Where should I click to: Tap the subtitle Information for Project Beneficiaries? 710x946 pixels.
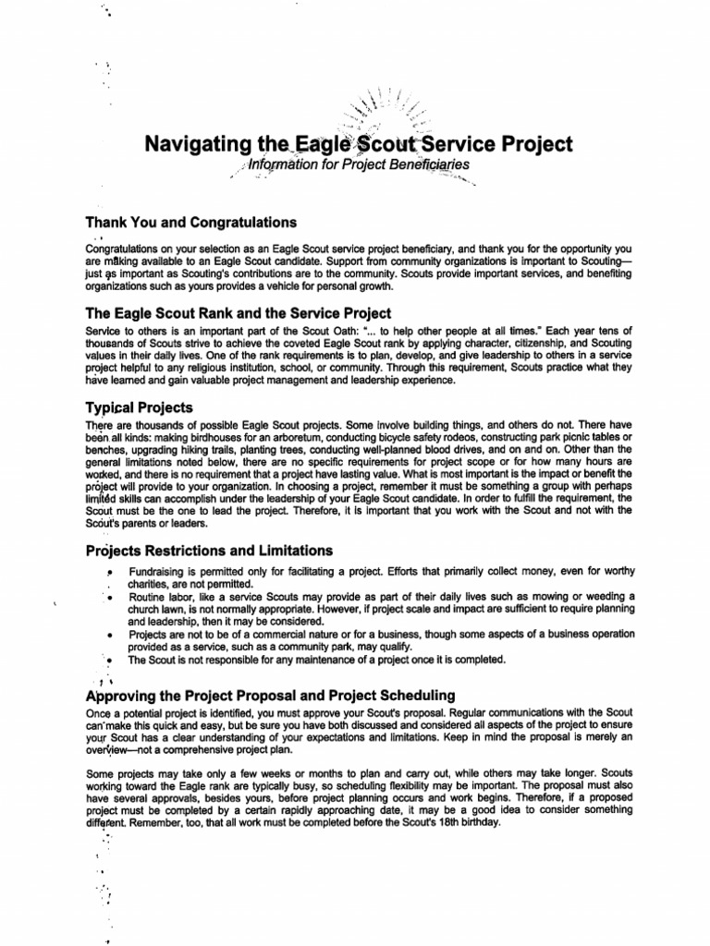(353, 165)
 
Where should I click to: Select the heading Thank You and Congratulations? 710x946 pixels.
(190, 222)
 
